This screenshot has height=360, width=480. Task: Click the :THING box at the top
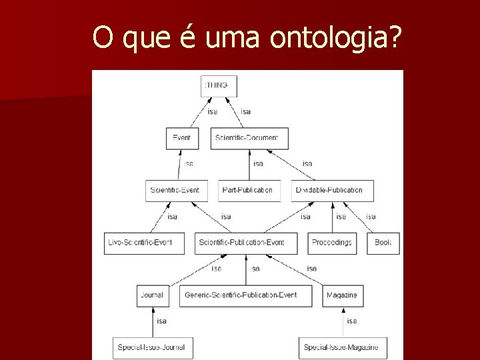coord(219,86)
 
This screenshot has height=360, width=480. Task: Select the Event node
coord(182,138)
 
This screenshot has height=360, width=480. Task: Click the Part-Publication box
coord(247,191)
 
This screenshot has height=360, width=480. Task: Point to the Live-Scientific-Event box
coord(140,243)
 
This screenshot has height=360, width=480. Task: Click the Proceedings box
coord(332,243)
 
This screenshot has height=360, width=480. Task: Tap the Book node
coord(383,243)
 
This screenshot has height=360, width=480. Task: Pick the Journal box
coord(152,295)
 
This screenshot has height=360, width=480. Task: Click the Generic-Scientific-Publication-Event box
coord(245,295)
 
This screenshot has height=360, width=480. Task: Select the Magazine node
coord(342,295)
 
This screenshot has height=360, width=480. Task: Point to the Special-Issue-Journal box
coord(151,347)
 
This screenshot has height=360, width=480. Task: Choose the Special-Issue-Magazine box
coord(342,347)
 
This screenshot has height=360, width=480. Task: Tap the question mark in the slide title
coord(396,38)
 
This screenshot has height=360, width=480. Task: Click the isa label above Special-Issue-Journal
coord(162,321)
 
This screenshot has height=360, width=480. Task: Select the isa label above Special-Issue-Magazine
coord(352,321)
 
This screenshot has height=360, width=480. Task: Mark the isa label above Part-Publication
coord(258,164)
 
